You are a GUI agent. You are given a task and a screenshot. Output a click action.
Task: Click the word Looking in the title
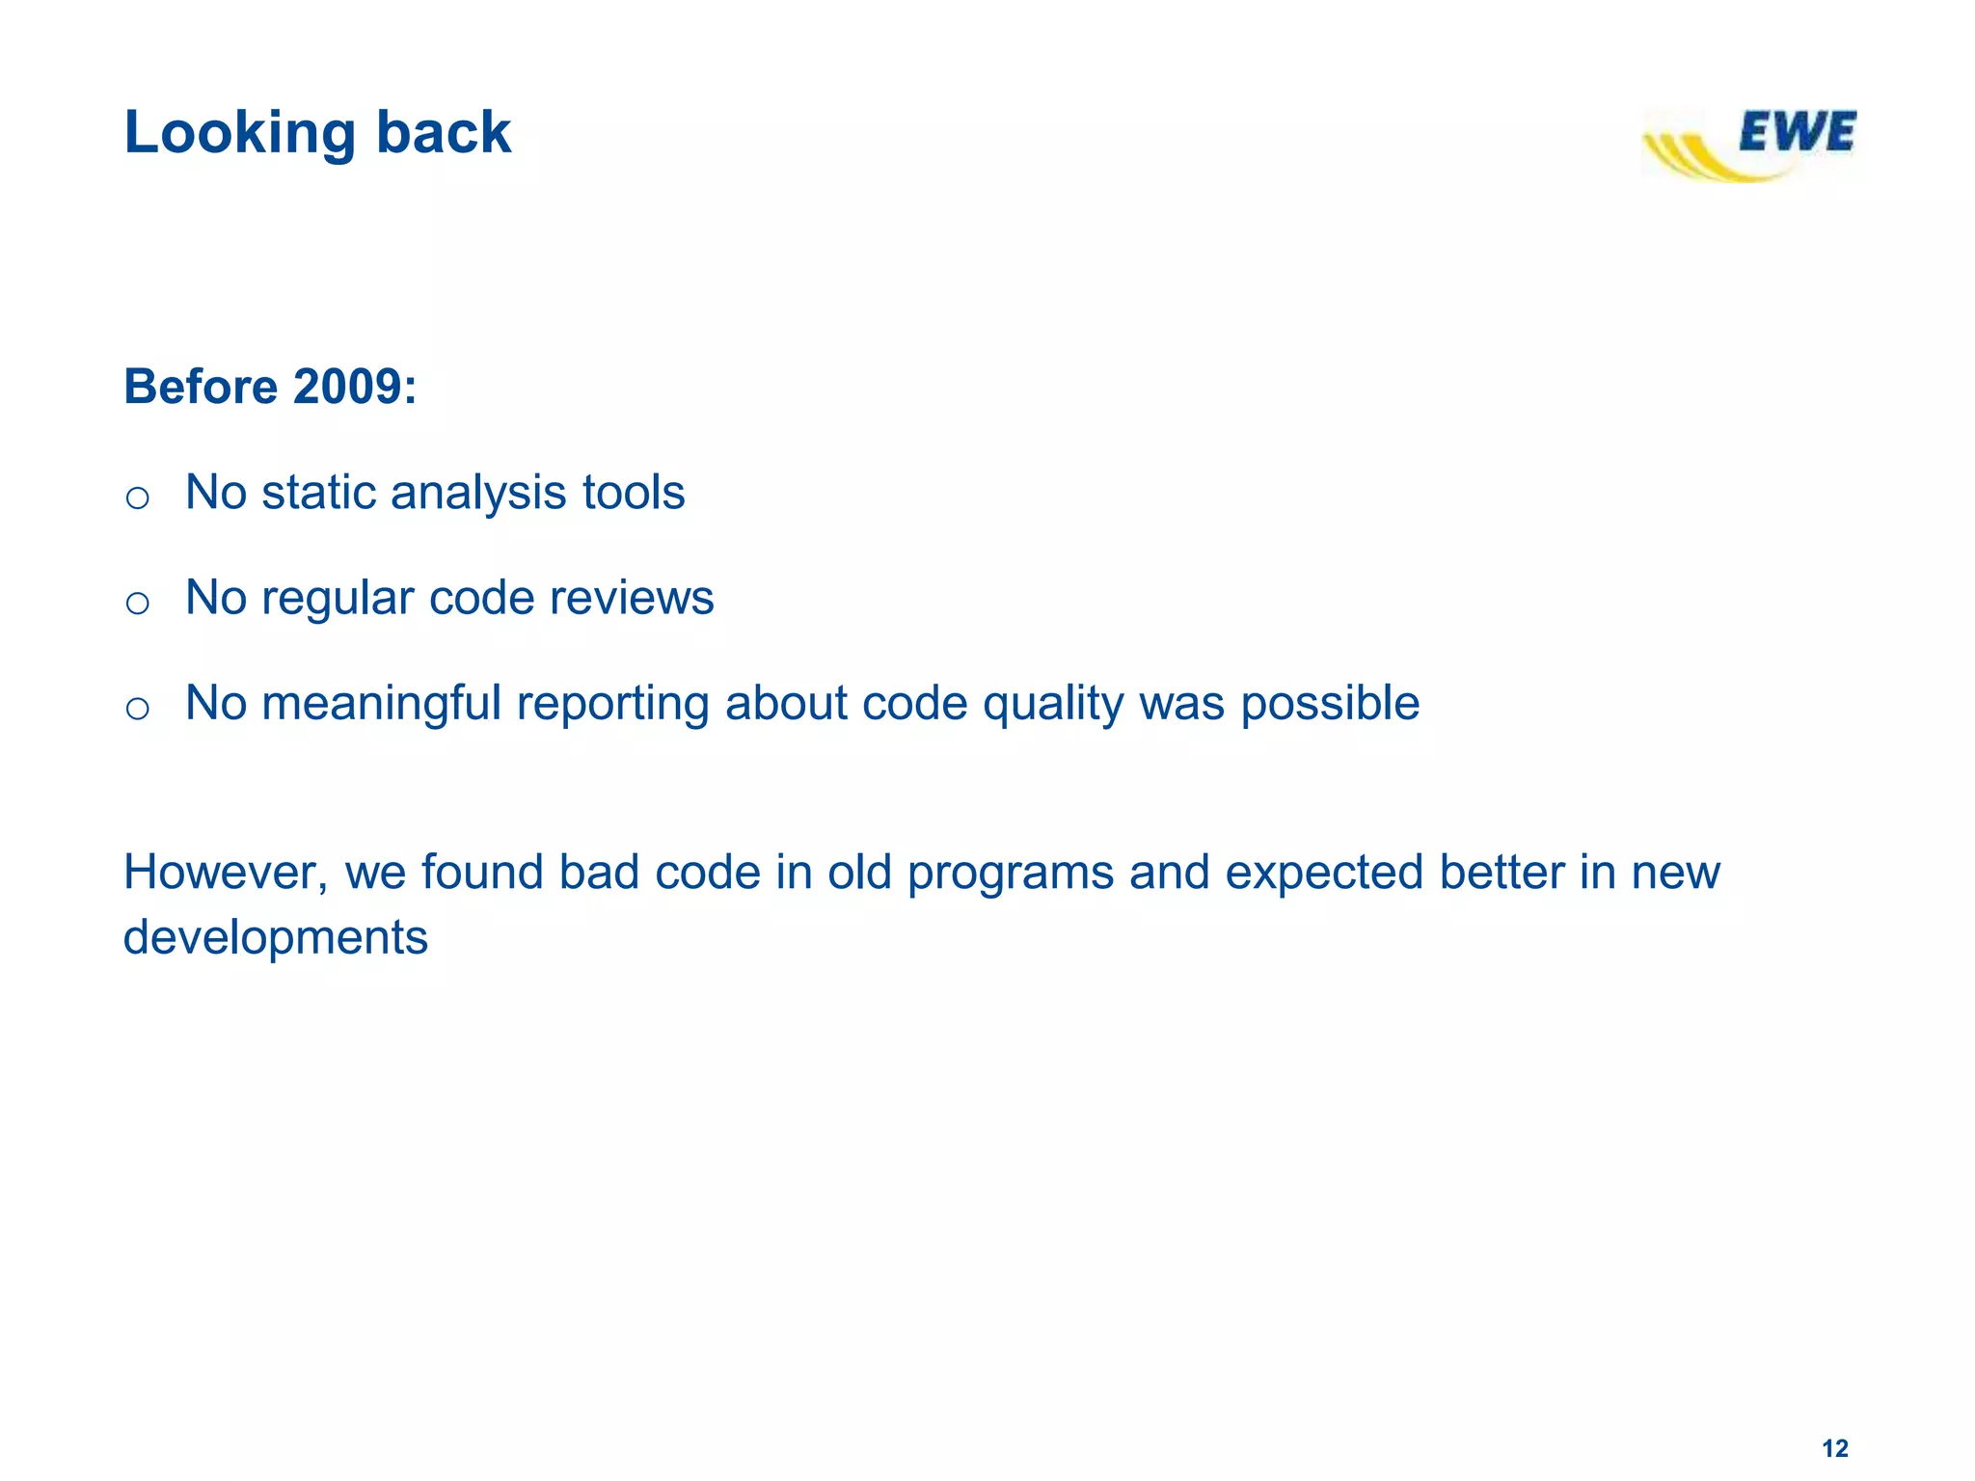point(240,133)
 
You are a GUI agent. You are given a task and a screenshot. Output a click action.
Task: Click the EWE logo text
point(1796,133)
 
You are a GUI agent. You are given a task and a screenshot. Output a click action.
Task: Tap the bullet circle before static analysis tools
point(138,498)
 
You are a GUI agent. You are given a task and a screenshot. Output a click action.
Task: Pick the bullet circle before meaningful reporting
point(138,709)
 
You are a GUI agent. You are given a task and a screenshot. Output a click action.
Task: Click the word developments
point(276,938)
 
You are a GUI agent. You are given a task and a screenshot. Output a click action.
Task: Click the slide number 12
point(1834,1448)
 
